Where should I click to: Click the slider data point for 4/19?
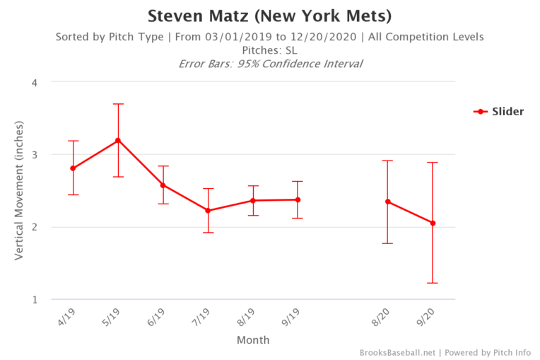(73, 168)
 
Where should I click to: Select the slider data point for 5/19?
(118, 140)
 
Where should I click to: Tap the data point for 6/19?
(163, 185)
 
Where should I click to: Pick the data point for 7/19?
(208, 211)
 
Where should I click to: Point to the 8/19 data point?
(253, 200)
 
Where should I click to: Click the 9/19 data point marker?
(298, 199)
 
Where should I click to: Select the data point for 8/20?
(388, 202)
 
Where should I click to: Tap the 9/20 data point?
(433, 223)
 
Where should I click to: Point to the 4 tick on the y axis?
(35, 82)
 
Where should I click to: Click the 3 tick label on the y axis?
(35, 155)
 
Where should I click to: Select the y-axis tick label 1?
(35, 299)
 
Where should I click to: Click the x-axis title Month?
(252, 340)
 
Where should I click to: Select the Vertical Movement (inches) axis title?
(19, 191)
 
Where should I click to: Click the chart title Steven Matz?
(269, 15)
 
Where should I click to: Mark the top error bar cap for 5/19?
(118, 104)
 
